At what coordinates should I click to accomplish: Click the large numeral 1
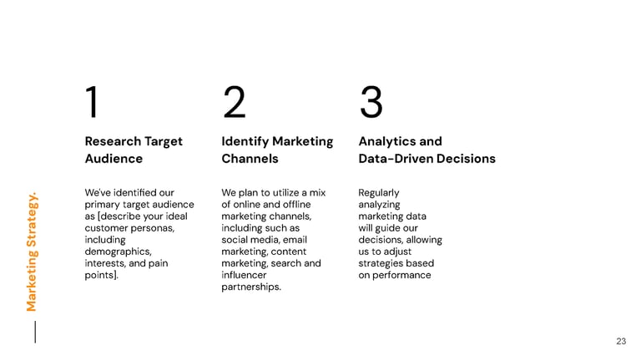click(x=92, y=103)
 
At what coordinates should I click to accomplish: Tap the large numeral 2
click(x=234, y=103)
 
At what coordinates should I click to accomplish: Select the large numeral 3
click(x=371, y=103)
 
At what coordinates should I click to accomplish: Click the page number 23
click(x=620, y=341)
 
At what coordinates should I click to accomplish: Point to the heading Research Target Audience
click(x=134, y=150)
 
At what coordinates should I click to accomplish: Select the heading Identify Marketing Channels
click(x=277, y=150)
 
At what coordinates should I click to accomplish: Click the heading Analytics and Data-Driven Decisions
click(x=426, y=150)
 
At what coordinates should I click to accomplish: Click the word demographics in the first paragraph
click(x=118, y=252)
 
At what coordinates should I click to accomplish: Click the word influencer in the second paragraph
click(x=244, y=275)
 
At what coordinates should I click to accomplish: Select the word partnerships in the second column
click(x=250, y=287)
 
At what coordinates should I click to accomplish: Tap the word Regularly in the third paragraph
click(x=379, y=193)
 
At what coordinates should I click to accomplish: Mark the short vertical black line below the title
click(x=35, y=331)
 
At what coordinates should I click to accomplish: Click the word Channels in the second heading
click(x=250, y=159)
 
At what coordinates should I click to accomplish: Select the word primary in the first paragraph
click(x=104, y=205)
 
